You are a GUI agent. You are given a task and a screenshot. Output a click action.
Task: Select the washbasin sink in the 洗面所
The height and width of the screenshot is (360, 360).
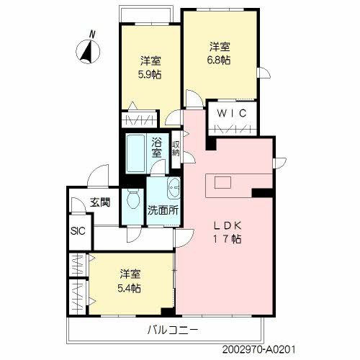tap(174, 189)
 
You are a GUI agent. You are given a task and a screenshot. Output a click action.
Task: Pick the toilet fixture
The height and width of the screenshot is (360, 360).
tap(132, 199)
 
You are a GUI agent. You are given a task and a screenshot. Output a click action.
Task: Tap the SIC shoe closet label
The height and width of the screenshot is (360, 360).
tap(78, 232)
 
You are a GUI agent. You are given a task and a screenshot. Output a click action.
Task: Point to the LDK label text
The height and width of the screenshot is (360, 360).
tap(225, 224)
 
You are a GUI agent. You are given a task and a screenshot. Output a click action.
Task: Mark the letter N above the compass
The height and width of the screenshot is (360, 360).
tap(91, 33)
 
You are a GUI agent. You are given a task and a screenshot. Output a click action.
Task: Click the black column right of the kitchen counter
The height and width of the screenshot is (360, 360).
tap(262, 192)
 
